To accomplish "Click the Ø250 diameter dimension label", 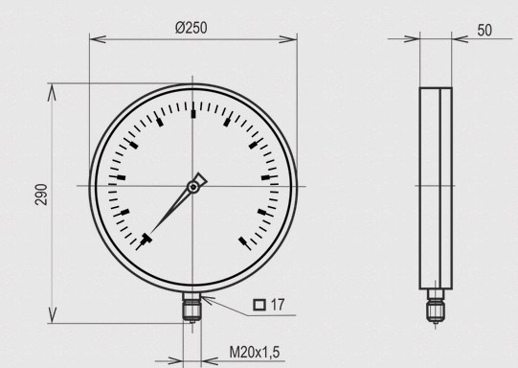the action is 191,28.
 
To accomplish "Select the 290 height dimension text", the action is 41,195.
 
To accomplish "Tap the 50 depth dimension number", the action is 484,30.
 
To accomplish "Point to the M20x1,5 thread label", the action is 255,352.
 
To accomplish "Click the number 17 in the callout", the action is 278,305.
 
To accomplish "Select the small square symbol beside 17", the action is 259,305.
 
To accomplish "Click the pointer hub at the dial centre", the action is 193,187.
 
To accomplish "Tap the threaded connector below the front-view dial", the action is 191,308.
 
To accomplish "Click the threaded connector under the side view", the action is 435,306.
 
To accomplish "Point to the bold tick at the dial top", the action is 193,114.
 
